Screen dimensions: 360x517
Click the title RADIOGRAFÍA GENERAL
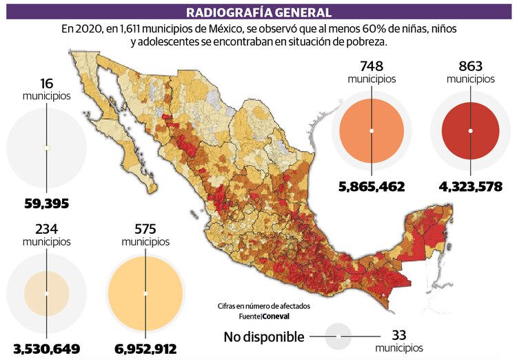click(x=258, y=12)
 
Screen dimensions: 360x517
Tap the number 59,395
click(x=46, y=204)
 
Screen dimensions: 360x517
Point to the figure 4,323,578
click(x=470, y=187)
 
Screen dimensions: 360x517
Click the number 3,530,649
click(x=46, y=350)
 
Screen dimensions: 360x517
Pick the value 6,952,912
click(x=145, y=350)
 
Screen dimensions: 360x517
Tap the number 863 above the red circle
click(x=470, y=66)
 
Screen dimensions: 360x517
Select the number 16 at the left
click(x=46, y=83)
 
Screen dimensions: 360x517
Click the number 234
click(x=46, y=229)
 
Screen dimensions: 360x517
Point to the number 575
click(x=145, y=229)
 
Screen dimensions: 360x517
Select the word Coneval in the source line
click(x=276, y=317)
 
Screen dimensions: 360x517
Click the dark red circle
click(x=470, y=130)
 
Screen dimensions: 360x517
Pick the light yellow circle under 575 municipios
click(x=145, y=293)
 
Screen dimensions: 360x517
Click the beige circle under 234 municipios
click(x=46, y=293)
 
